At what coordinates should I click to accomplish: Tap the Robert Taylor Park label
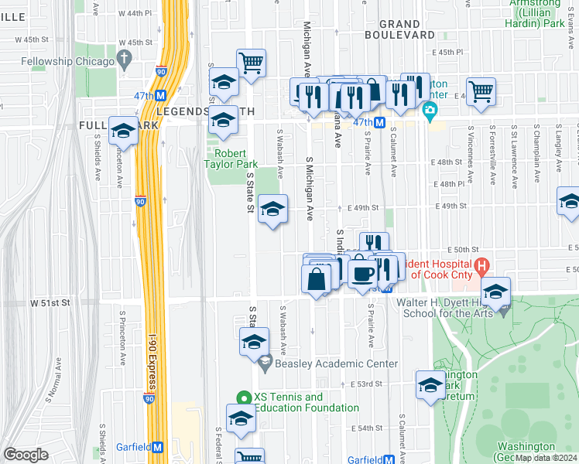(230, 159)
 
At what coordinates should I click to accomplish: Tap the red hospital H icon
(483, 268)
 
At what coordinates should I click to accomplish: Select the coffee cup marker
(361, 273)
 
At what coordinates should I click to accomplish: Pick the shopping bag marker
(317, 279)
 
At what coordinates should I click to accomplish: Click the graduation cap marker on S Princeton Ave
(123, 132)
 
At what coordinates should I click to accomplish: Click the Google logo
(26, 455)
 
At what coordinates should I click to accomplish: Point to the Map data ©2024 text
(546, 458)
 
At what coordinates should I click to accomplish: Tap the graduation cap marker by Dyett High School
(496, 293)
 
